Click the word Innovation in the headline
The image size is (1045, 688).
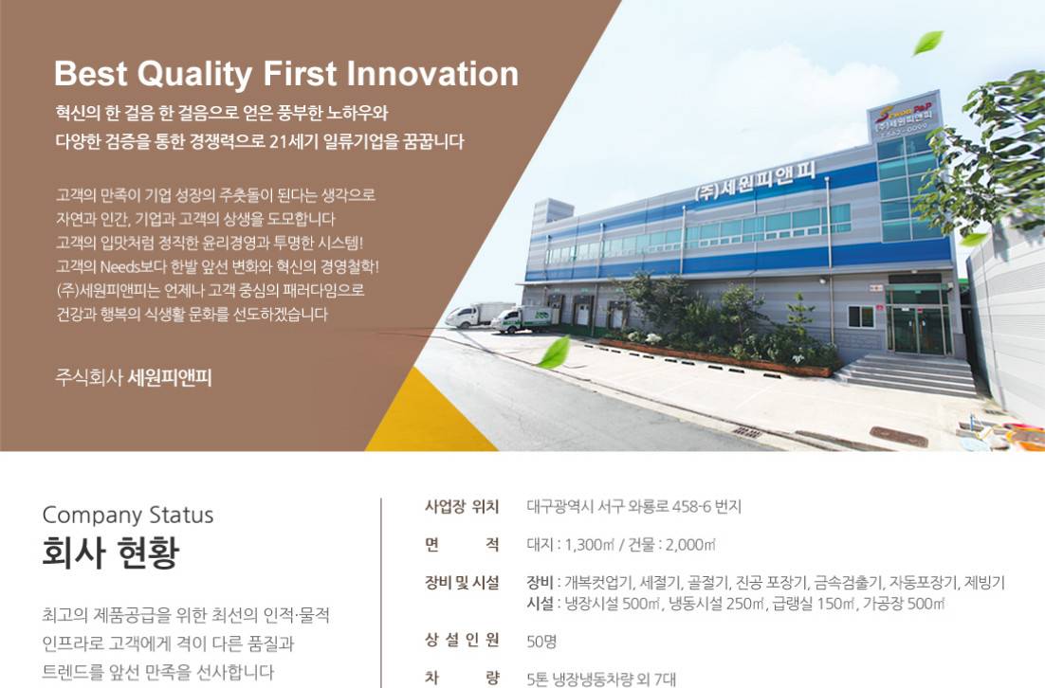click(x=432, y=73)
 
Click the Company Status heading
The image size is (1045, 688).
click(x=128, y=516)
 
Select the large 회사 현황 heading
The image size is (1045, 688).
click(x=111, y=552)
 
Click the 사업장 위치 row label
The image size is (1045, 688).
click(x=462, y=507)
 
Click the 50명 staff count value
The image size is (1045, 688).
click(x=541, y=642)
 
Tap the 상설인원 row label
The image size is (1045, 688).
click(x=462, y=641)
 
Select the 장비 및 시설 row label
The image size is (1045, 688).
click(x=462, y=583)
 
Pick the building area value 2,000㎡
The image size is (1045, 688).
click(x=690, y=545)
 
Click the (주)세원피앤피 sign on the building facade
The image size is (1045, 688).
click(x=755, y=180)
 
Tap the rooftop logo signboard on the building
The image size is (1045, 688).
click(x=904, y=117)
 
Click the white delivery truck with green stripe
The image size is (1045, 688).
click(x=524, y=319)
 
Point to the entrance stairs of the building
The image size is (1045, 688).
click(x=907, y=375)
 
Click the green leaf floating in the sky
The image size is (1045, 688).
click(x=927, y=43)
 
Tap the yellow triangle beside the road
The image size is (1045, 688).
click(x=427, y=420)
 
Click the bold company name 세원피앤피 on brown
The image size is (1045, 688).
click(x=170, y=378)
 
